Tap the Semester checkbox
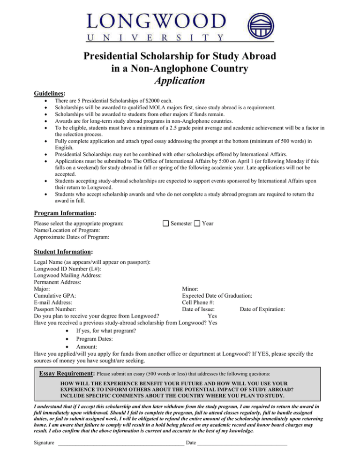pos(165,224)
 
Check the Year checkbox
pos(198,224)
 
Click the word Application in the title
pos(180,80)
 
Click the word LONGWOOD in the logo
pos(156,21)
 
